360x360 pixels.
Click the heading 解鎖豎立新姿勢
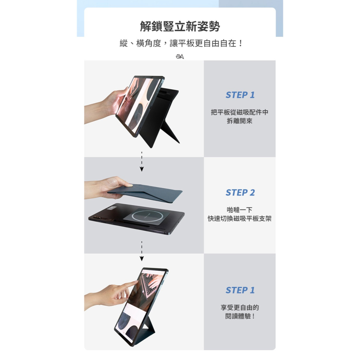(x=180, y=26)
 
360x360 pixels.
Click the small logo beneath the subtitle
(x=180, y=57)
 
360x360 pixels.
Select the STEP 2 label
(x=240, y=193)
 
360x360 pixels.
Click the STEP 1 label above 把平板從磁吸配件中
(x=240, y=95)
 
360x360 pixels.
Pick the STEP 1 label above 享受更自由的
(x=240, y=290)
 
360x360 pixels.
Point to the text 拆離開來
(x=240, y=121)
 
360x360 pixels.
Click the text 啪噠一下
(x=240, y=210)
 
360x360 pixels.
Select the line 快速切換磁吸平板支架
(x=240, y=219)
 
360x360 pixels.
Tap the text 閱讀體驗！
(x=240, y=316)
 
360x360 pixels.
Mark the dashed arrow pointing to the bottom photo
(x=142, y=250)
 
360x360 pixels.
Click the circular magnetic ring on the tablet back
(x=147, y=216)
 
